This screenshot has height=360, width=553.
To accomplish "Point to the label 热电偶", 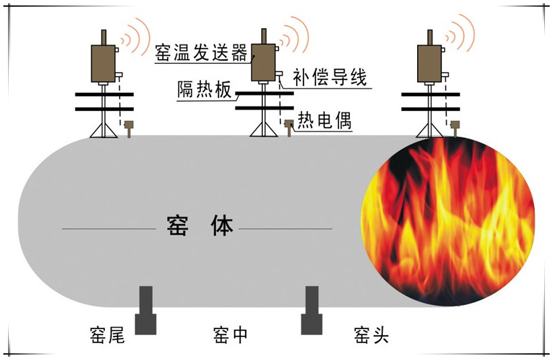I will tap(324, 121).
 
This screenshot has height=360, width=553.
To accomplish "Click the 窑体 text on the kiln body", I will tap(199, 227).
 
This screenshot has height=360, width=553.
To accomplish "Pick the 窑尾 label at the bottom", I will tap(108, 334).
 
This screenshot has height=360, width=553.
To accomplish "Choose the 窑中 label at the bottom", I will tap(231, 334).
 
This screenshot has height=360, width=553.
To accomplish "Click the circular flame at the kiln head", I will tap(447, 222).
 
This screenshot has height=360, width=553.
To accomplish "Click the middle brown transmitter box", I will tap(263, 63).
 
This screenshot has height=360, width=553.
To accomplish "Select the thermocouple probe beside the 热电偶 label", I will tap(289, 126).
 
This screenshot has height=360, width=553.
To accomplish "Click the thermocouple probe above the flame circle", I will tap(455, 126).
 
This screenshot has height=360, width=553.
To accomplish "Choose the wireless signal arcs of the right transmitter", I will tap(463, 36).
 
